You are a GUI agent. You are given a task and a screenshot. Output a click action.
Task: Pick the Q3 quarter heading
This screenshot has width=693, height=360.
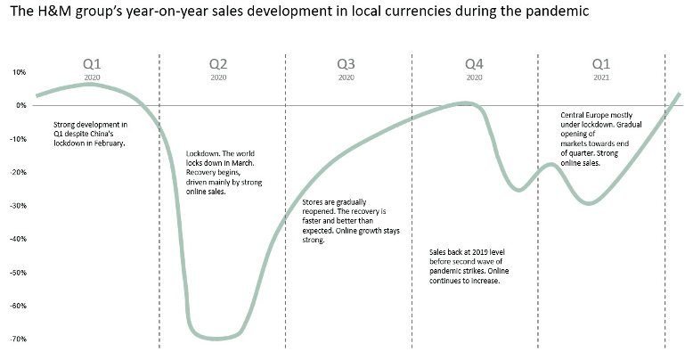[x=347, y=65]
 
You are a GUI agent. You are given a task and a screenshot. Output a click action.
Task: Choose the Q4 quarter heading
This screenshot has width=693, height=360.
[x=475, y=65]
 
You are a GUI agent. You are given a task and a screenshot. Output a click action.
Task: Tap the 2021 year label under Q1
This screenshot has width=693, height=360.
[x=601, y=78]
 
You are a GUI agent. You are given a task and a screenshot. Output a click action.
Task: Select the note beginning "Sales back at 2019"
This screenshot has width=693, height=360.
[x=468, y=266]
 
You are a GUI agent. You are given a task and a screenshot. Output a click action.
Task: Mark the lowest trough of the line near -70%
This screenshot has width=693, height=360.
[x=214, y=338]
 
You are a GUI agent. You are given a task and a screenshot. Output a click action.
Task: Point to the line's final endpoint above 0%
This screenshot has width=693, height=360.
[x=680, y=94]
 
